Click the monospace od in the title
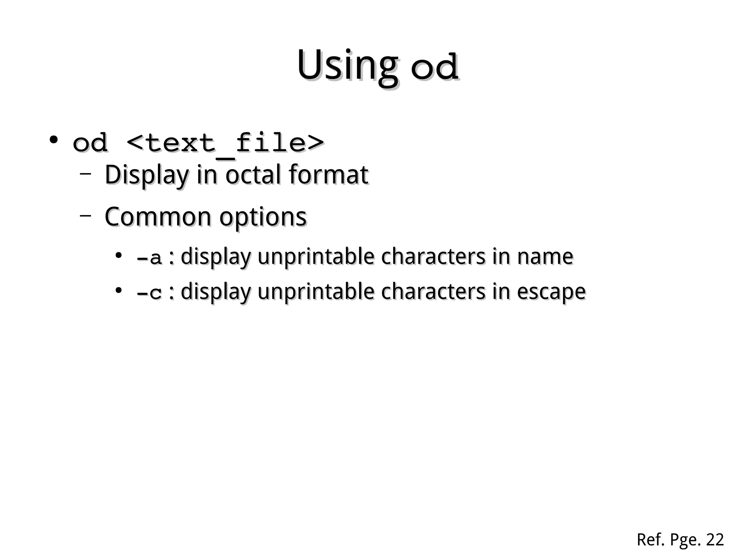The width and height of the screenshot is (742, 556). (x=434, y=67)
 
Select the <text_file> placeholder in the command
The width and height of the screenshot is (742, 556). (x=225, y=143)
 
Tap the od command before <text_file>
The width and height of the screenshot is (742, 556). (x=90, y=143)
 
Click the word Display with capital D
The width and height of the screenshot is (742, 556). (x=147, y=175)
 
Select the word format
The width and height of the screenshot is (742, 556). (x=329, y=175)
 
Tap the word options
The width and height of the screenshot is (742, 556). (x=263, y=217)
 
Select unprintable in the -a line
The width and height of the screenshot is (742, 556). (x=316, y=257)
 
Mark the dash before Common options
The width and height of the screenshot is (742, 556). (x=85, y=216)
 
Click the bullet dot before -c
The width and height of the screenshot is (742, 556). (x=118, y=290)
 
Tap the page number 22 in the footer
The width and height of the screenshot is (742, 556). (x=715, y=540)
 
